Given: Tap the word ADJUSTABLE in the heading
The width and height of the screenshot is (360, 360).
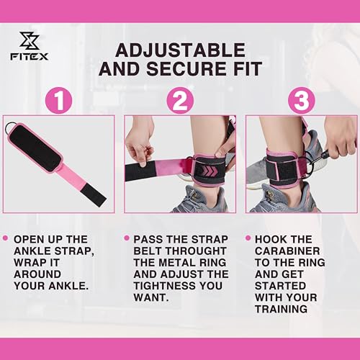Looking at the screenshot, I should (180, 50).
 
